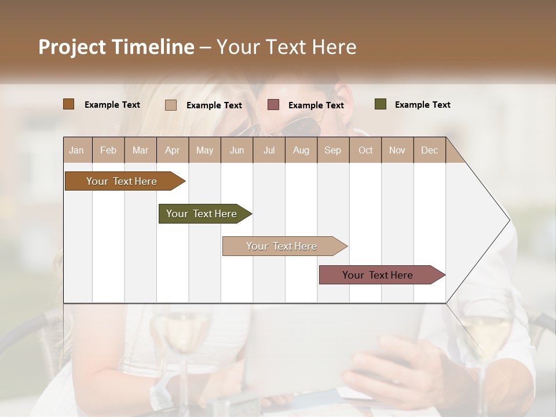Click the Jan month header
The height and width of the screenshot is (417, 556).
pos(76,150)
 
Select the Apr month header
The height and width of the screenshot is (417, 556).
pos(173,150)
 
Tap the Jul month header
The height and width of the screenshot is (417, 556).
pos(269,150)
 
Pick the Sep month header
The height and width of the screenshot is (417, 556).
pos(332,150)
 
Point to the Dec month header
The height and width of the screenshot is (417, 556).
pos(429,150)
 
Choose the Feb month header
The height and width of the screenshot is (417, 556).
pos(108,150)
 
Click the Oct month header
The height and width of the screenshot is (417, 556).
pos(365,150)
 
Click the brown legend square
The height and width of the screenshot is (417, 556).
pos(68,104)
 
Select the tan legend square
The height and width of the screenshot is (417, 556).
pos(170,105)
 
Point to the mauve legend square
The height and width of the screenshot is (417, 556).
pos(273,105)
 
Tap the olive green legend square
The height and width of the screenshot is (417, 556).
pos(380,104)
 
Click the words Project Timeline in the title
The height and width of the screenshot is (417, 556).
pos(116,47)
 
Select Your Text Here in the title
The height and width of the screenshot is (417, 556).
pos(287,47)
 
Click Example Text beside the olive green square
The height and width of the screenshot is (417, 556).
pos(422,105)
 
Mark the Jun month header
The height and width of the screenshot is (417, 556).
pos(237,150)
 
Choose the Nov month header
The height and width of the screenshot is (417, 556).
pos(397,150)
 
